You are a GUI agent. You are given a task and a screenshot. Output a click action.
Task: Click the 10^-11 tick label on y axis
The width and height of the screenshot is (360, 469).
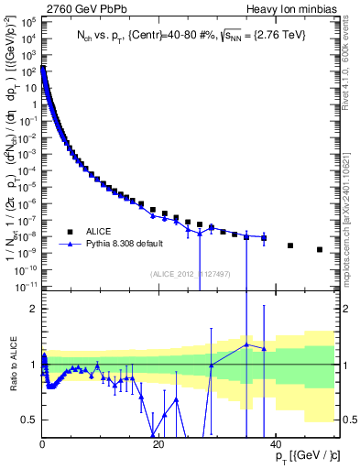pos(27,286)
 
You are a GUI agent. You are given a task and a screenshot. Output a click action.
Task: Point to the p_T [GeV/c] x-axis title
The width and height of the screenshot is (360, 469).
pos(303,456)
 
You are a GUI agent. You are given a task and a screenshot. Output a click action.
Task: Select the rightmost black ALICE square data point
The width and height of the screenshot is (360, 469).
pos(320,249)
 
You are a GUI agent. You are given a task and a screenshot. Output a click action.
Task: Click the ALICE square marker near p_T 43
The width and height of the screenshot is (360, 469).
pos(290,245)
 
